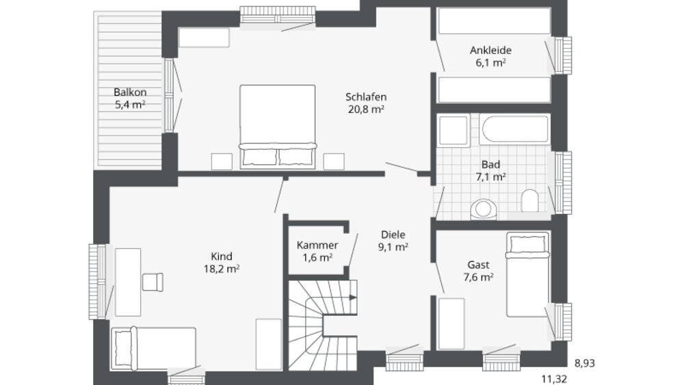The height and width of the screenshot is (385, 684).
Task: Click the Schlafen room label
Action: tap(366, 97)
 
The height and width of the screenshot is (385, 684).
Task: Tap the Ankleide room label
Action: tap(490, 50)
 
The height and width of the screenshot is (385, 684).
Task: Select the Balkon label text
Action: tap(130, 92)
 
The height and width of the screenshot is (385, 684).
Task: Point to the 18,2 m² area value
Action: tap(222, 269)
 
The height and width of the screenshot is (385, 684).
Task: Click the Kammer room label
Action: tap(317, 245)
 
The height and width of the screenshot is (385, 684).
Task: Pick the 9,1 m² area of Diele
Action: tap(393, 248)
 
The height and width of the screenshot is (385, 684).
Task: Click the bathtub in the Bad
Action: tap(515, 129)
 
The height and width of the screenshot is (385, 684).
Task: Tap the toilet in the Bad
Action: tap(529, 200)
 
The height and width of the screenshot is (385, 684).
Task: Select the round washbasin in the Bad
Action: tap(484, 209)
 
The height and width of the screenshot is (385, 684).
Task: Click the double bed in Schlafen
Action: tap(278, 127)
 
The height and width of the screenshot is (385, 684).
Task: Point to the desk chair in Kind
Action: tap(153, 282)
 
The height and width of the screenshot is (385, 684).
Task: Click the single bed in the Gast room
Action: tap(527, 275)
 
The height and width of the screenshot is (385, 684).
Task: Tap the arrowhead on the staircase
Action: tap(353, 297)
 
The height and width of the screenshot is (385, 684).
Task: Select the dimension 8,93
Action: tap(585, 363)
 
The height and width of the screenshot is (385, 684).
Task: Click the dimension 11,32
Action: tap(554, 379)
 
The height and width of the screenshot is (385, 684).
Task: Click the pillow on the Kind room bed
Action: tap(123, 349)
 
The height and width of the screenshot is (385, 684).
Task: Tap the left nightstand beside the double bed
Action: tap(222, 161)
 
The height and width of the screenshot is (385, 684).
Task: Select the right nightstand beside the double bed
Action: tap(334, 161)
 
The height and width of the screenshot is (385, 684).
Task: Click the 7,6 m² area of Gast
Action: tap(479, 278)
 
